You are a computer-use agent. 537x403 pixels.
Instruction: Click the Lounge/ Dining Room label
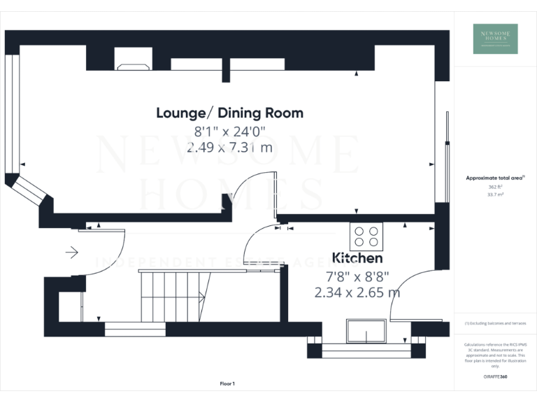pos(229,113)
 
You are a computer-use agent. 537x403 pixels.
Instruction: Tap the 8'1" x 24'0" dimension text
pos(229,131)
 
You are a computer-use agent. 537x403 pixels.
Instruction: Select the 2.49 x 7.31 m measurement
pos(229,148)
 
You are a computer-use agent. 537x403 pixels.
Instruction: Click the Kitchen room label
pos(357,257)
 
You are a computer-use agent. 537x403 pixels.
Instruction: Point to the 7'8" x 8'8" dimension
pos(357,276)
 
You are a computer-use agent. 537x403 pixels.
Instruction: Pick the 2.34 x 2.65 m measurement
pos(357,292)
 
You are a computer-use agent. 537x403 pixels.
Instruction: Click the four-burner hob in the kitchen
pos(367,236)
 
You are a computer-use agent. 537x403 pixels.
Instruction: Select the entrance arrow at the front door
pos(71,252)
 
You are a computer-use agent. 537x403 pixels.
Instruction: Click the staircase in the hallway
pos(175,296)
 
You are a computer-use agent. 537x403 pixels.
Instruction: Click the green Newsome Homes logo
pos(495,38)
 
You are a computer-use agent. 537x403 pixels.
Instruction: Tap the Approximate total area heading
pos(494,178)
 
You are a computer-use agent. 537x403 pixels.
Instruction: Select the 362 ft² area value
pos(495,187)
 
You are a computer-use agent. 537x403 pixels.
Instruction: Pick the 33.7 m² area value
pos(495,195)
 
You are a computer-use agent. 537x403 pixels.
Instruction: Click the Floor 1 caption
pos(227,383)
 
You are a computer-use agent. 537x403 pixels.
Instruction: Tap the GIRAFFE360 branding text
pos(495,377)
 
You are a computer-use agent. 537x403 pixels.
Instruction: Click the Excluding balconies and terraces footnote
pos(495,323)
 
